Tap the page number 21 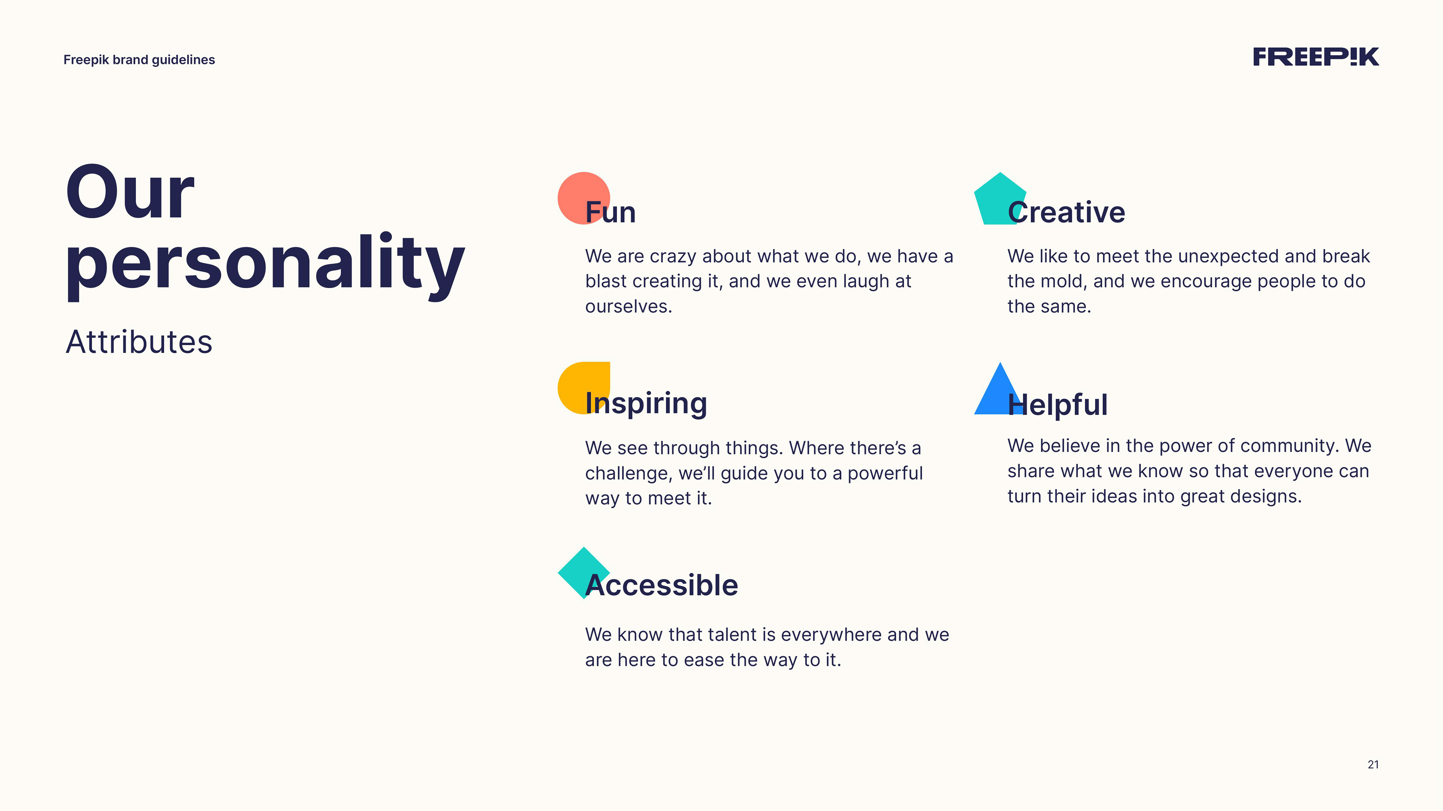pyautogui.click(x=1373, y=764)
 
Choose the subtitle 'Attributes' pyautogui.click(x=139, y=342)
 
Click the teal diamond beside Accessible pyautogui.click(x=584, y=573)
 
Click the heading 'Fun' pyautogui.click(x=611, y=212)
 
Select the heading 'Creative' pyautogui.click(x=1066, y=212)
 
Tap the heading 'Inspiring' pyautogui.click(x=646, y=404)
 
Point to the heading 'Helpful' pyautogui.click(x=1057, y=405)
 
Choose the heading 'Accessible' pyautogui.click(x=661, y=585)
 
